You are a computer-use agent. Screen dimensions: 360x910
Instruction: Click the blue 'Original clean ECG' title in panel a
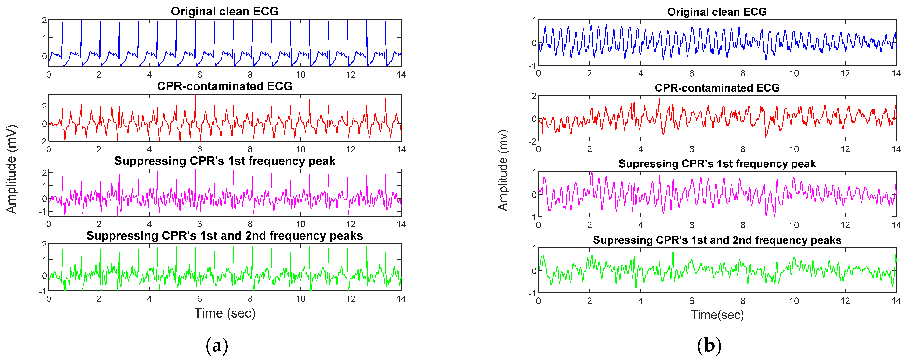pos(224,11)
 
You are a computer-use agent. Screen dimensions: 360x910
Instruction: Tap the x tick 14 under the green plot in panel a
pos(401,299)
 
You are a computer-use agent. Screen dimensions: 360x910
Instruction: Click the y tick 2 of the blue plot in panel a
pos(44,20)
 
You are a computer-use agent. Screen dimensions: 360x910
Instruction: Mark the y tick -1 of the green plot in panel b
pos(532,293)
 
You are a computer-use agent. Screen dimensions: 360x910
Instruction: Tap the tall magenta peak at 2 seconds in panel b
pos(591,173)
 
